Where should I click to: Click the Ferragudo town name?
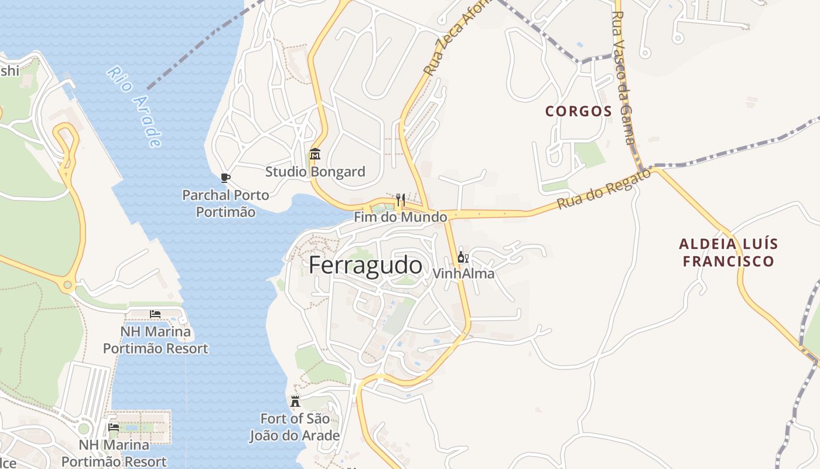365,266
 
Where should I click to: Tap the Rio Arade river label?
134,107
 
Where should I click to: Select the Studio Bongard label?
315,172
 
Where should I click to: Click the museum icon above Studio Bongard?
315,154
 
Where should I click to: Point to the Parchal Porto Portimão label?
225,203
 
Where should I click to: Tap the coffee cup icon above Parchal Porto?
225,178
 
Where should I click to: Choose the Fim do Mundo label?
401,217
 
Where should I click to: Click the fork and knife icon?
401,199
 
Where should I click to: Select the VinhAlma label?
463,273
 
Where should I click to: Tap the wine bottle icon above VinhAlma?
463,257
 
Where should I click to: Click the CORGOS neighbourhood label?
579,111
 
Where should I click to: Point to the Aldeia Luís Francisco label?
729,253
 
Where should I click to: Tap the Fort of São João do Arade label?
295,427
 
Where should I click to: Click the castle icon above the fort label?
295,402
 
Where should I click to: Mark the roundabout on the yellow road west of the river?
68,286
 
